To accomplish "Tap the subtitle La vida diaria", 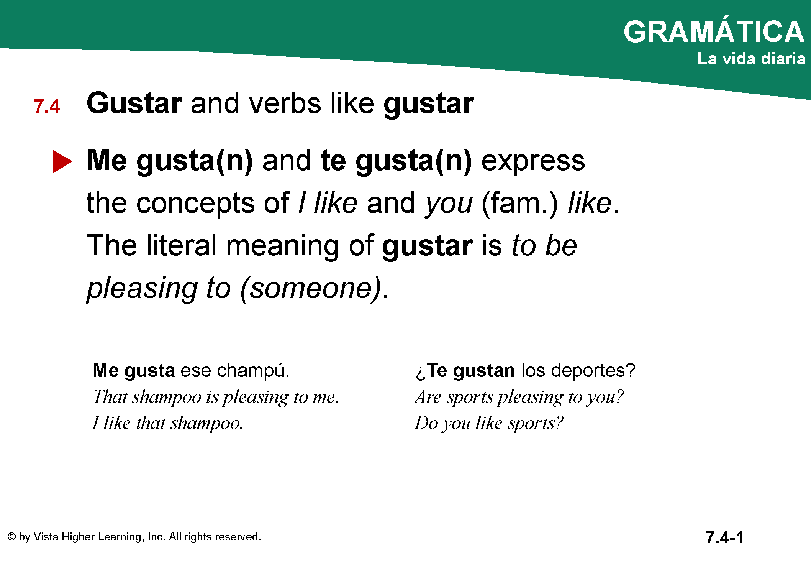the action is [x=751, y=59].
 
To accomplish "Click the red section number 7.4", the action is [x=47, y=106].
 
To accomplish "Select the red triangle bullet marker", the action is [x=62, y=161].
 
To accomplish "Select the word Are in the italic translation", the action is [x=428, y=397].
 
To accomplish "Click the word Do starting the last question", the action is [x=426, y=423].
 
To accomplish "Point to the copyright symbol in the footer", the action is [x=12, y=537].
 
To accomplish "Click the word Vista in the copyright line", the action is [x=46, y=537].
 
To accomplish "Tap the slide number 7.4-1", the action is [x=724, y=537].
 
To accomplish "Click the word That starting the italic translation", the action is [x=110, y=397].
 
